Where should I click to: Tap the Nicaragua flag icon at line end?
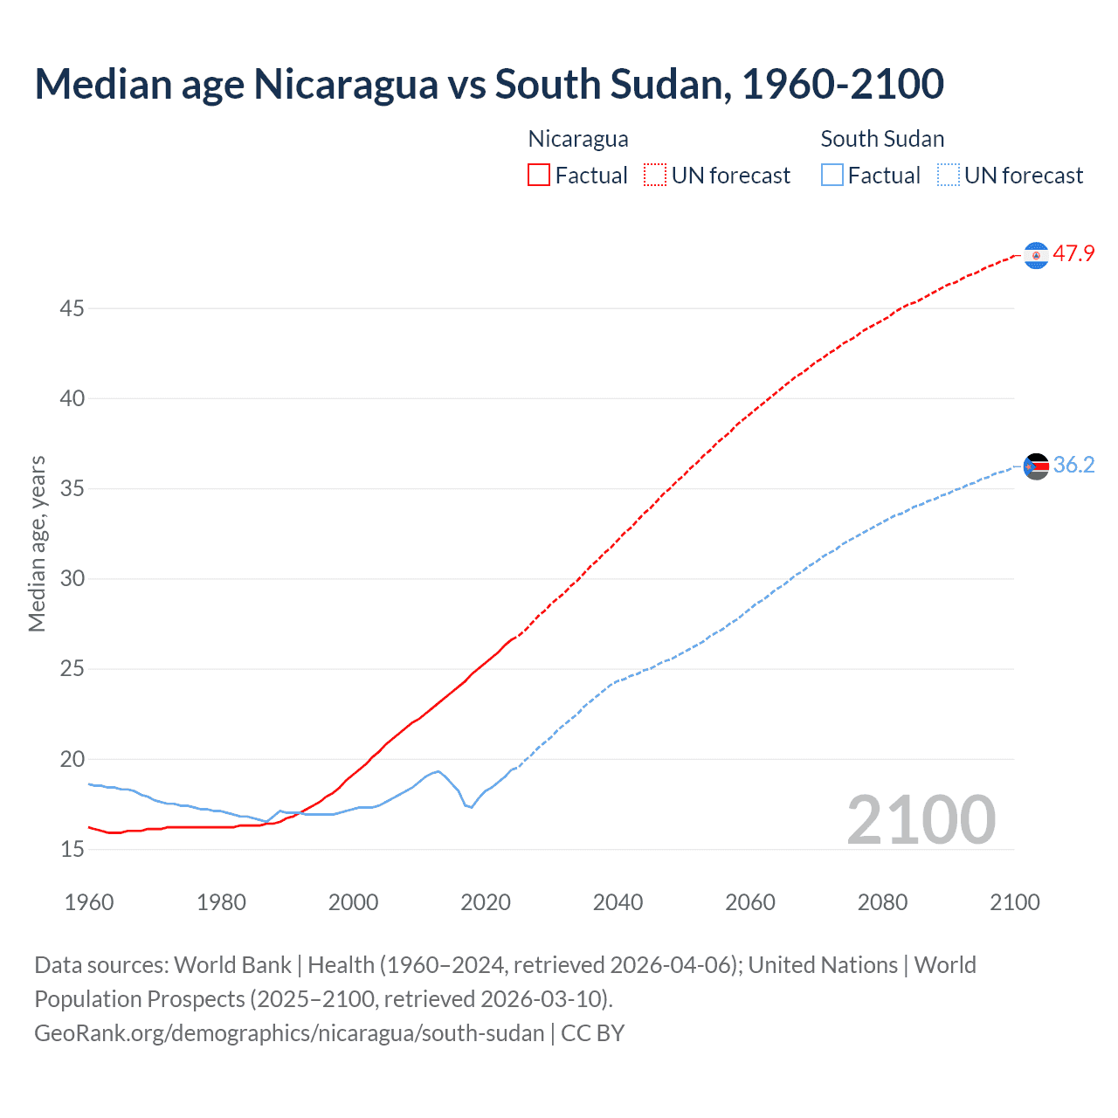click(x=1036, y=255)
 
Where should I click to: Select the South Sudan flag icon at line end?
click(x=1036, y=466)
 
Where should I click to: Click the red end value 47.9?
click(x=1073, y=254)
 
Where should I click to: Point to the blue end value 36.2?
click(x=1073, y=466)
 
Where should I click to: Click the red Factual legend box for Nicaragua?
click(x=539, y=175)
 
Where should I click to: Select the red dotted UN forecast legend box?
click(x=655, y=175)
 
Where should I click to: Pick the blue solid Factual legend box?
click(x=832, y=175)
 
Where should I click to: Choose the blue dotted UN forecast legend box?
click(x=948, y=175)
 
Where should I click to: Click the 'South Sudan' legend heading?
click(x=882, y=139)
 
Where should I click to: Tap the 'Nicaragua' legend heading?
click(x=578, y=139)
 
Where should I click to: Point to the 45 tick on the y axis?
click(x=72, y=309)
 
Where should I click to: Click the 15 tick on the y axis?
click(x=72, y=849)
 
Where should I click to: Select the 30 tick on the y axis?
click(x=72, y=579)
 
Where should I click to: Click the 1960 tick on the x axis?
click(x=89, y=902)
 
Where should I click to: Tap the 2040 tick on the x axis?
click(x=618, y=902)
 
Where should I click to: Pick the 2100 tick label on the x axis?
click(x=1015, y=902)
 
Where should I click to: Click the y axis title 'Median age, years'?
click(x=37, y=543)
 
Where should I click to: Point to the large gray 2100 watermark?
click(x=921, y=820)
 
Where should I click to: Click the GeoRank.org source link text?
click(x=289, y=1033)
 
